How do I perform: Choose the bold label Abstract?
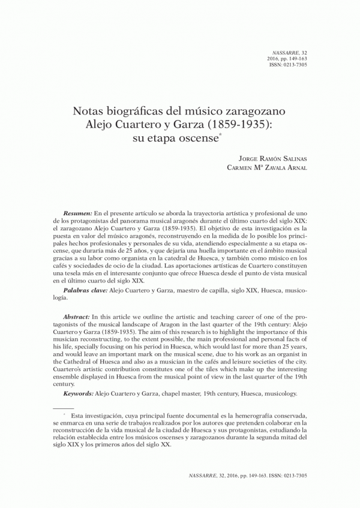tap(77, 316)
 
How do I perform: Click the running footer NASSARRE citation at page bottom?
tap(248, 474)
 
